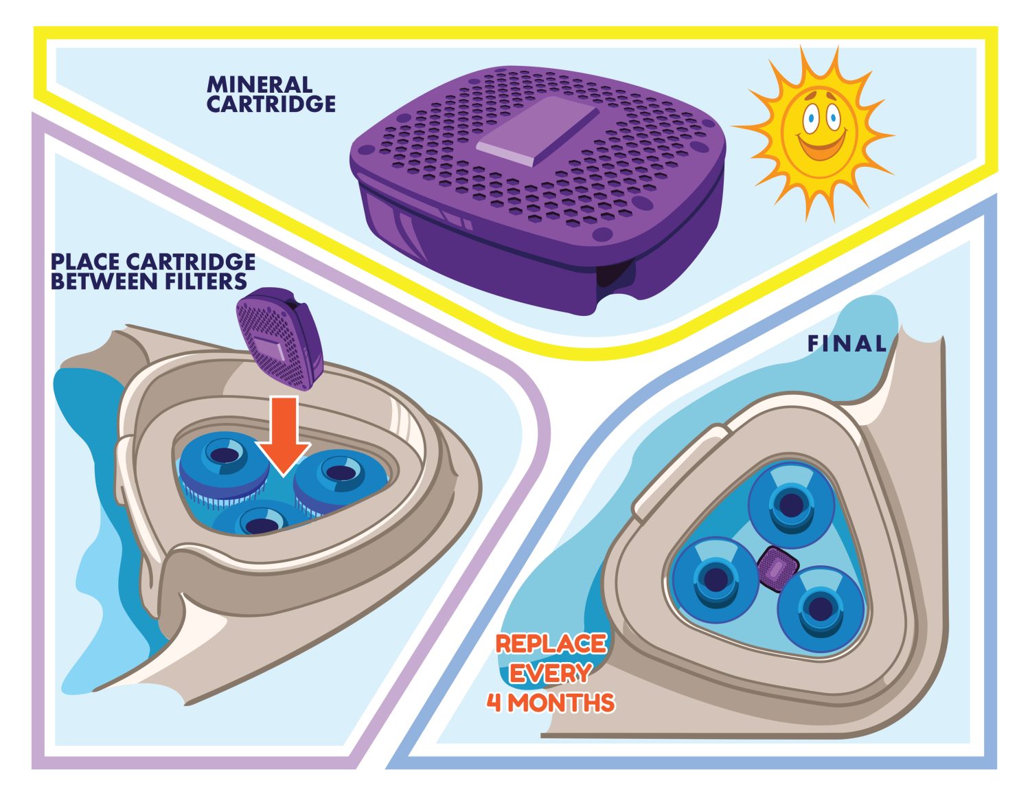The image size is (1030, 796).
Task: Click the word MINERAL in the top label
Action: pos(260,85)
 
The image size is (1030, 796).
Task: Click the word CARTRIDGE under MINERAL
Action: pos(271,104)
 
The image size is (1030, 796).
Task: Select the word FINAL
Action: pos(847,343)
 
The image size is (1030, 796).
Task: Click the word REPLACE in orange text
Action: pos(551,644)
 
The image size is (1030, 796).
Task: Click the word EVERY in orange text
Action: pos(551,673)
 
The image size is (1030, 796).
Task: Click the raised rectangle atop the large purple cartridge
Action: pos(538,130)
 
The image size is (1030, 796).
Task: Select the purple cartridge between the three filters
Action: pos(778,569)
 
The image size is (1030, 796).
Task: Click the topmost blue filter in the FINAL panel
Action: pos(790,504)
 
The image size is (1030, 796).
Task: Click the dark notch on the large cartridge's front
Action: pos(615,275)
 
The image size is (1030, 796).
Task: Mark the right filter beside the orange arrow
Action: pos(340,482)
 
